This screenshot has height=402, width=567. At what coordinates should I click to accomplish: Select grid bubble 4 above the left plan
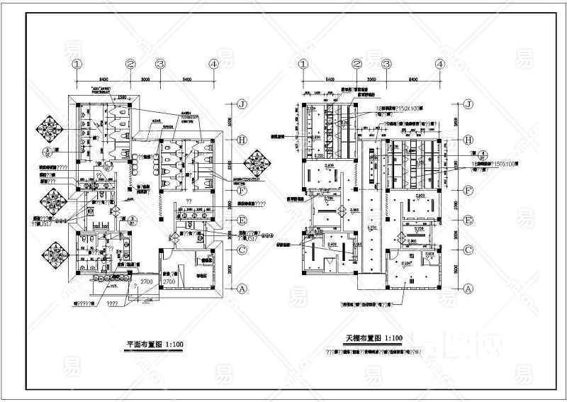213,64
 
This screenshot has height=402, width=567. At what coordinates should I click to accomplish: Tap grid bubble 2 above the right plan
357,64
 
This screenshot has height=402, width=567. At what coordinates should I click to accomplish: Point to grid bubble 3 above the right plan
387,64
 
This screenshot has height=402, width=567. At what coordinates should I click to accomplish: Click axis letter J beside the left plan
242,104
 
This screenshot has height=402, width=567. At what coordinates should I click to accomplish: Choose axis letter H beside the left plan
242,140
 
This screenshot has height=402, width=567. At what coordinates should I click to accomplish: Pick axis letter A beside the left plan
242,288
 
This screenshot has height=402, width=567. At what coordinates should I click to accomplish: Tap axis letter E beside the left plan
242,220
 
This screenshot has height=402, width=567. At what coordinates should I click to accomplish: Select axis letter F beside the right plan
468,191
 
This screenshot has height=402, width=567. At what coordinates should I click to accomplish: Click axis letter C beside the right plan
468,250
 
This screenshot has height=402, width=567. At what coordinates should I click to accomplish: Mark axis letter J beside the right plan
468,104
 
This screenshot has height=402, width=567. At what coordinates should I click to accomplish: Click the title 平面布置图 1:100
155,345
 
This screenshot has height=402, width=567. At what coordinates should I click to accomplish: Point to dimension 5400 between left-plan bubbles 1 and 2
103,79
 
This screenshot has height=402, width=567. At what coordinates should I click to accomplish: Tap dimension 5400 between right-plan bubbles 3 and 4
413,79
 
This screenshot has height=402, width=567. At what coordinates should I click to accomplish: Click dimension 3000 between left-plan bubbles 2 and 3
146,79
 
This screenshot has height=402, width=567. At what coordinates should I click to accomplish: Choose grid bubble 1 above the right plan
305,64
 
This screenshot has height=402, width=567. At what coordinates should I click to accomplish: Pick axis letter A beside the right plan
468,289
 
